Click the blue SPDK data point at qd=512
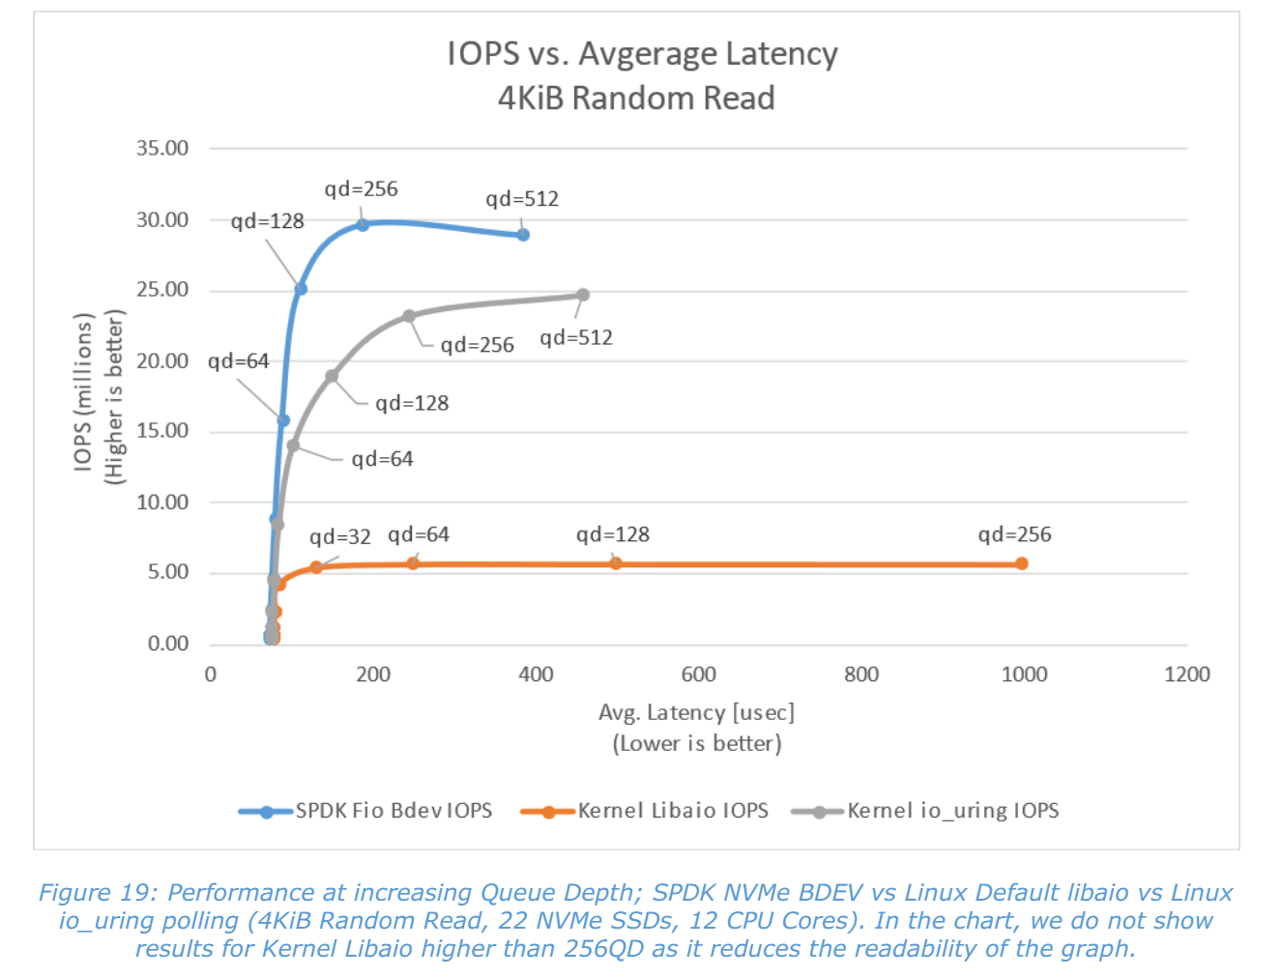523,235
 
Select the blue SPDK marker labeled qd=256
363,224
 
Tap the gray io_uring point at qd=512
583,295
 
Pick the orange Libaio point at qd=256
1022,563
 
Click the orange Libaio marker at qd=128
616,563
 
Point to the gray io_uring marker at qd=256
409,316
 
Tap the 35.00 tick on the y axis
162,149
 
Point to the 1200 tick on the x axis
1186,675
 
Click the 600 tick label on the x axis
698,675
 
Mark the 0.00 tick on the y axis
168,644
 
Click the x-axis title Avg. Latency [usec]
696,713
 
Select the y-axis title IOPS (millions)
84,392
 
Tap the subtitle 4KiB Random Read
636,99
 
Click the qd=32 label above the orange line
339,537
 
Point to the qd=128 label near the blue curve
267,221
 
